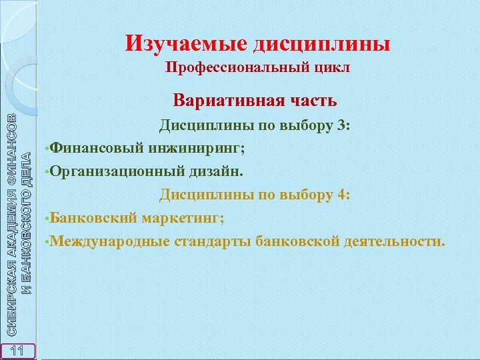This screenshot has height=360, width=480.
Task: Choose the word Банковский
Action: click(x=93, y=218)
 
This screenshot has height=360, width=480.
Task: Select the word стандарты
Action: click(x=213, y=241)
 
